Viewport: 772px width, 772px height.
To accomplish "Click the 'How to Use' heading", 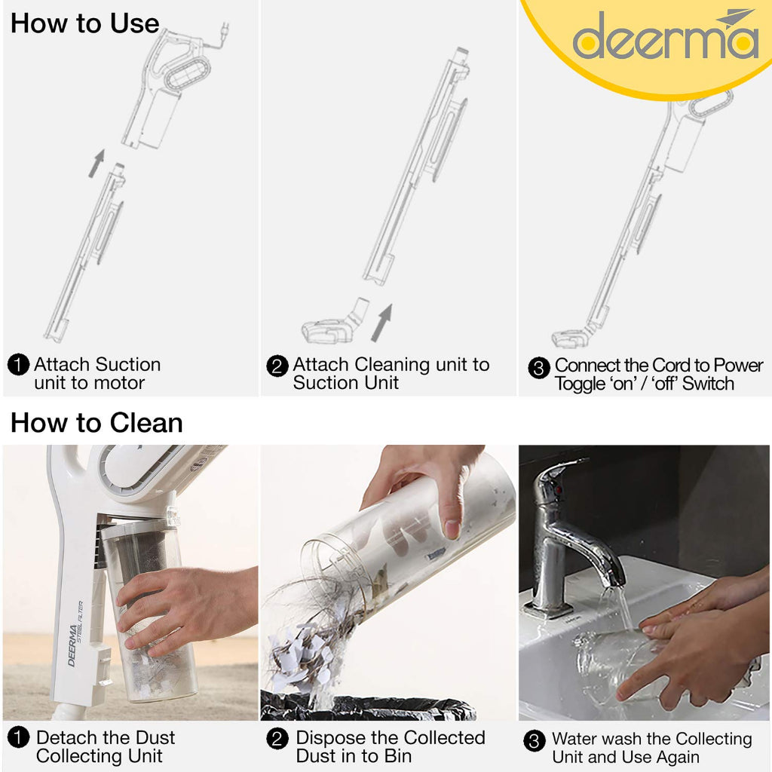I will [84, 23].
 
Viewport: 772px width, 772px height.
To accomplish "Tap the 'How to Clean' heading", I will [96, 423].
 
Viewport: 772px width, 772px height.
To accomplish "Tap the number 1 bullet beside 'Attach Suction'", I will [18, 366].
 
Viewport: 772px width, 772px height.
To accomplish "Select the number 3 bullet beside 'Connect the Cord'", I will [538, 368].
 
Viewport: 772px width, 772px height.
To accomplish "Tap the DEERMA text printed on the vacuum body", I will [73, 645].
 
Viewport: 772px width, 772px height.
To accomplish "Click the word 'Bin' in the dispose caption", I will [396, 756].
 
